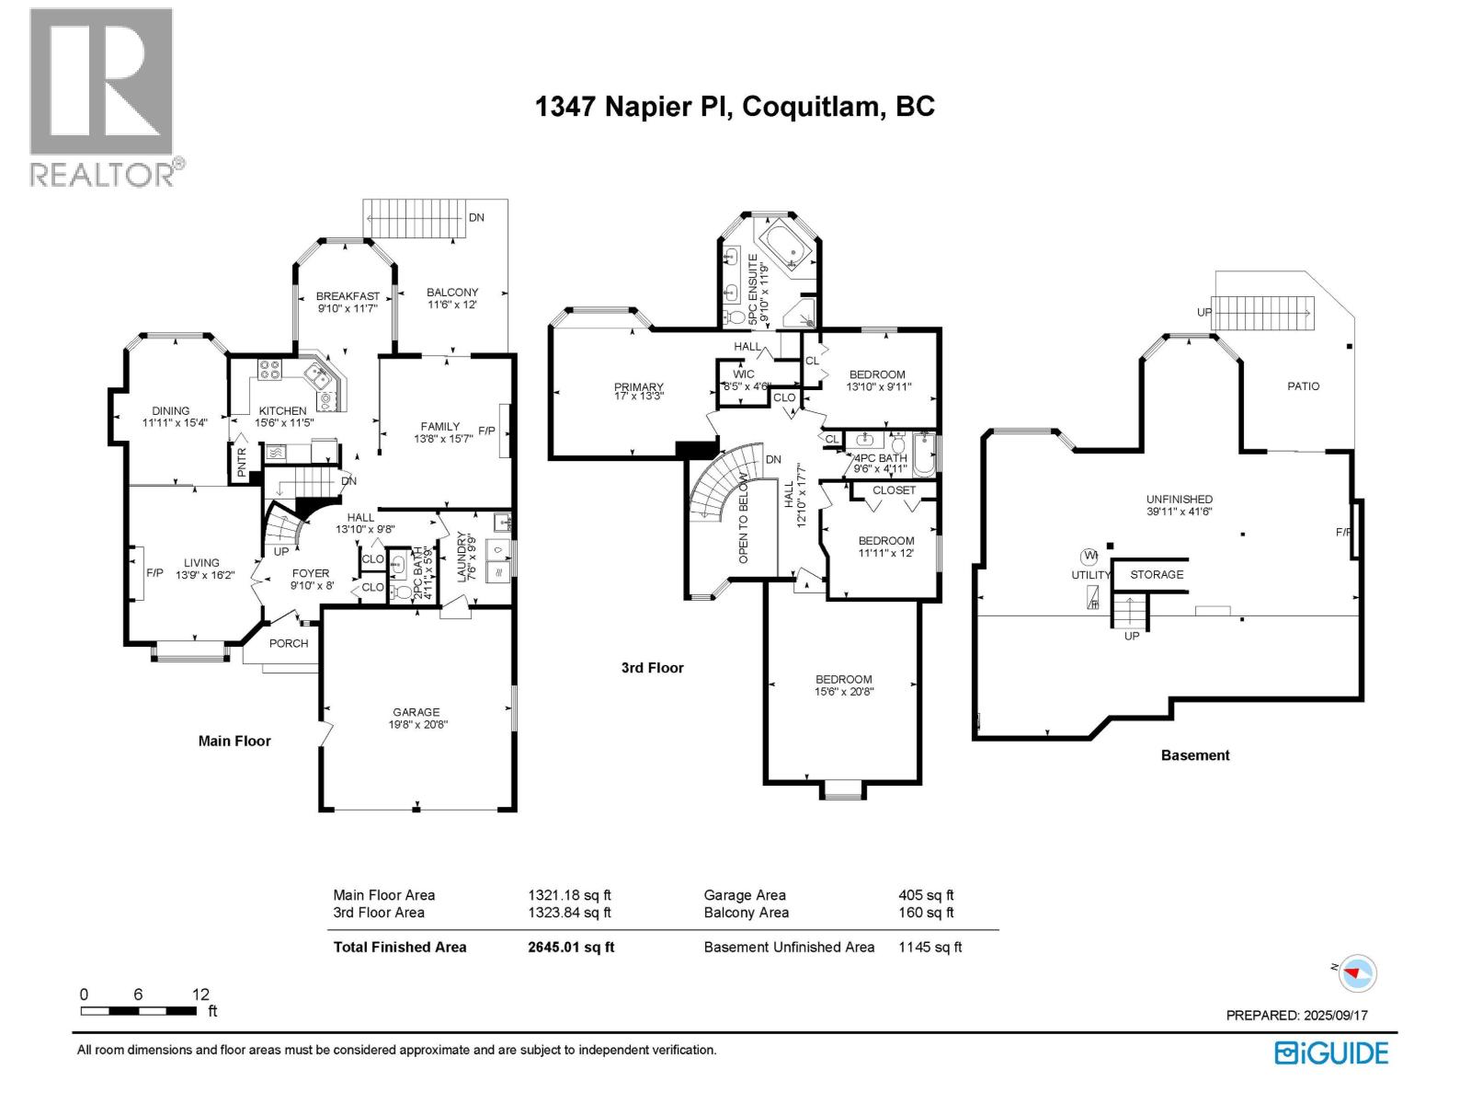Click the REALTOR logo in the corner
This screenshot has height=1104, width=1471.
pos(101,97)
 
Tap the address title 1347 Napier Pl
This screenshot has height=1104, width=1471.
pos(735,107)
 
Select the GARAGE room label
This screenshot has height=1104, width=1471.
pos(416,712)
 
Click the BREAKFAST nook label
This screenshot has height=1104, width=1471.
pos(348,296)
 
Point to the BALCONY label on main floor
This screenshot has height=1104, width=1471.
pos(452,293)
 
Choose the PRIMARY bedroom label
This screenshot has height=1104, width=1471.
pos(638,387)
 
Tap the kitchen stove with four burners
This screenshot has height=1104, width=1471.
pos(269,369)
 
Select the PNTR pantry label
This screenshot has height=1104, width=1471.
pos(242,462)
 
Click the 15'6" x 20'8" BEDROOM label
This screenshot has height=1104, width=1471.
pos(843,680)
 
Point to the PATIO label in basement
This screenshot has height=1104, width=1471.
pos(1303,386)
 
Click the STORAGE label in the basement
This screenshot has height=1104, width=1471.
pos(1157,574)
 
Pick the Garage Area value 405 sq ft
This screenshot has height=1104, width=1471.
pos(926,894)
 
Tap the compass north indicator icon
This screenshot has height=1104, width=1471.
pos(1356,972)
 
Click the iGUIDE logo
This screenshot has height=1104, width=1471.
pos(1331,1052)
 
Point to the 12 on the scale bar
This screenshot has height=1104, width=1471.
pos(200,995)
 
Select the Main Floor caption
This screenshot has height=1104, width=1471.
pos(234,741)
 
